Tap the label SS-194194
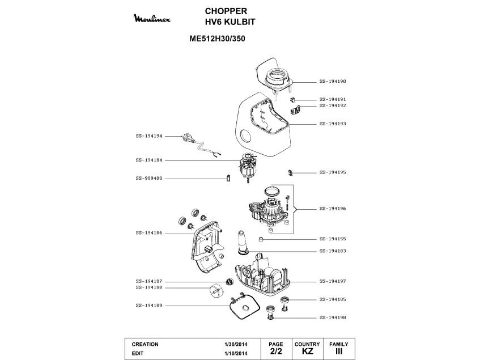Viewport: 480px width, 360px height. [x=149, y=136]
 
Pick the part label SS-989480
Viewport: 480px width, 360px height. [x=149, y=178]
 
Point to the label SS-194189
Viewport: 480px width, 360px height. [x=149, y=306]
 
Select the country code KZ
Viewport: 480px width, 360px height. [x=307, y=352]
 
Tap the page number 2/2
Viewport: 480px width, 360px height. [x=275, y=352]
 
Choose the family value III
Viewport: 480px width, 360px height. [x=338, y=352]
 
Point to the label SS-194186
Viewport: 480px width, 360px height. [x=149, y=232]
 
